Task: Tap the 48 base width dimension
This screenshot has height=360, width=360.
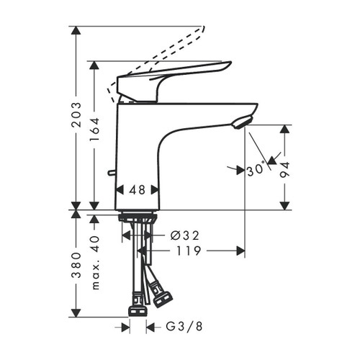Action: tap(137, 191)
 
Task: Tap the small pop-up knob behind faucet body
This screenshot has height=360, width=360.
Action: tap(109, 173)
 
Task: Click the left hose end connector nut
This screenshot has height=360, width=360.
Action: tap(137, 311)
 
